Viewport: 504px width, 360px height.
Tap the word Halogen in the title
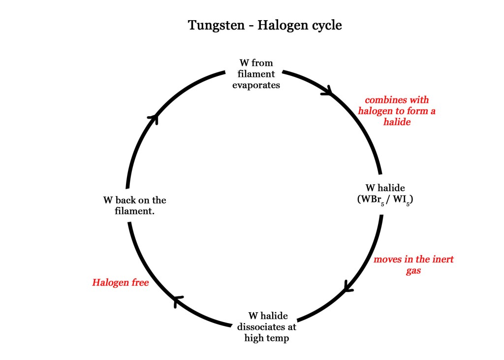[279, 25]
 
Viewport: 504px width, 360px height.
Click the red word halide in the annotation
[397, 122]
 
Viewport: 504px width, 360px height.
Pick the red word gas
[413, 270]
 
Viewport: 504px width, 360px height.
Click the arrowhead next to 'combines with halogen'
[327, 91]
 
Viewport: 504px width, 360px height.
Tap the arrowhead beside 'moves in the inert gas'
[348, 287]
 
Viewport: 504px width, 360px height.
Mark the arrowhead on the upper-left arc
[154, 118]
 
